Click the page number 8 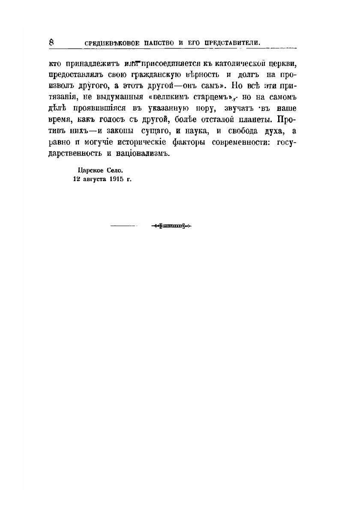(52, 42)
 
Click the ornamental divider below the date (171, 226)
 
